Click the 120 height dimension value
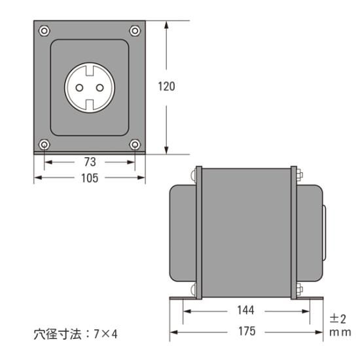click(167, 86)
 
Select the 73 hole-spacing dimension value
click(89, 161)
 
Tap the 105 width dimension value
click(89, 178)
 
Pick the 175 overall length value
click(246, 333)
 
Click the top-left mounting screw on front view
click(44, 30)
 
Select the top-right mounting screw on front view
click(135, 30)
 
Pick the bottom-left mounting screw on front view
click(44, 144)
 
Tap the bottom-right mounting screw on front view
click(135, 144)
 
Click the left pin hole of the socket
click(81, 87)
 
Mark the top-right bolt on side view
click(300, 175)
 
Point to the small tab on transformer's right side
click(325, 232)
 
